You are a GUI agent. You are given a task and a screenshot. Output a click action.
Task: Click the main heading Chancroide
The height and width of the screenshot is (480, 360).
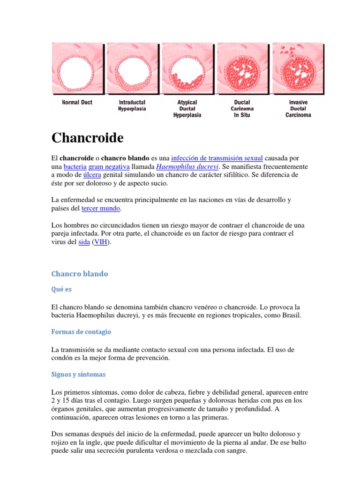(x=87, y=138)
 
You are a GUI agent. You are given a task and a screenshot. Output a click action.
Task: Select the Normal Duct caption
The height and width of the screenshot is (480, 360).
(x=77, y=102)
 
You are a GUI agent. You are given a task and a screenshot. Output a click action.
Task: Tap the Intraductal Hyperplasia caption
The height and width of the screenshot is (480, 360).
(x=132, y=105)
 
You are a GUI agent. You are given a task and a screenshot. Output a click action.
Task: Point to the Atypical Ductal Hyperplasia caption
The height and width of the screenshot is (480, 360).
(x=187, y=108)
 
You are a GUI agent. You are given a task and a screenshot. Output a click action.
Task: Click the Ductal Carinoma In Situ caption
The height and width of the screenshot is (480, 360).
(x=242, y=108)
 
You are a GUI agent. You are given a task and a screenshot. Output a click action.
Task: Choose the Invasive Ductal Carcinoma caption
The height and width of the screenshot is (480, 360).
(x=298, y=108)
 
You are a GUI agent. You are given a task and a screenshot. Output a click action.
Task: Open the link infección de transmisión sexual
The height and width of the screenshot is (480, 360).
(x=217, y=157)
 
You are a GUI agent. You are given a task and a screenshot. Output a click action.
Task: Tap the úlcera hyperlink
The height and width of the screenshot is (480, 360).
(x=92, y=175)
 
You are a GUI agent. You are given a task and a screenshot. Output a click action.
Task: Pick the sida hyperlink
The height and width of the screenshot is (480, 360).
(x=84, y=242)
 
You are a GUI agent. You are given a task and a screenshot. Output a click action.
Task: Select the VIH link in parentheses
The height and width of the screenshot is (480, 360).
(x=100, y=242)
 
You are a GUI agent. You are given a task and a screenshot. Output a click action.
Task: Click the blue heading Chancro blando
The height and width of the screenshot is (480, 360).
(x=79, y=274)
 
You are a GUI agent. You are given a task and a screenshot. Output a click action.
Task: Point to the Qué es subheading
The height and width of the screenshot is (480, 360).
(x=61, y=290)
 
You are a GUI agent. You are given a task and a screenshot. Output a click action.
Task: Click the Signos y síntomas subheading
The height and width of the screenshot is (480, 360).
(x=78, y=375)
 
